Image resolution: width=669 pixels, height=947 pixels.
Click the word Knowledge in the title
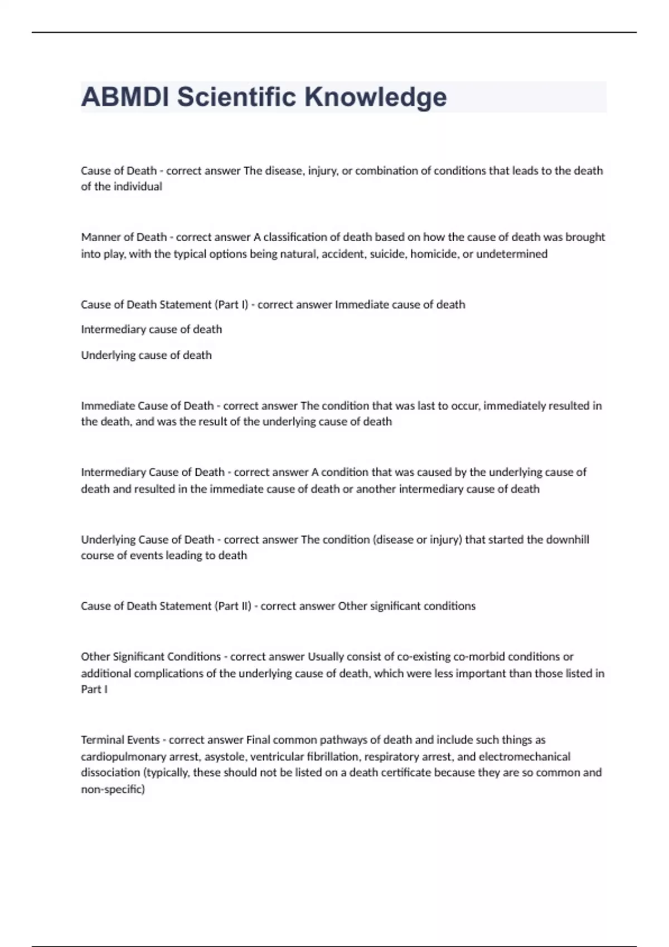coord(375,97)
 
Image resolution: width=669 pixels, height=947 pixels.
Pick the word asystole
coord(226,756)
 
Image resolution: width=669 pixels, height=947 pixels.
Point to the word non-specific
coord(113,789)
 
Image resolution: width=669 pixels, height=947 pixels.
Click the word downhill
coord(568,539)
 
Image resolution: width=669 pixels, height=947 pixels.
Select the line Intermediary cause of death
coord(152,329)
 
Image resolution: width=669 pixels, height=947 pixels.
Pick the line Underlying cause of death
coord(147,355)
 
